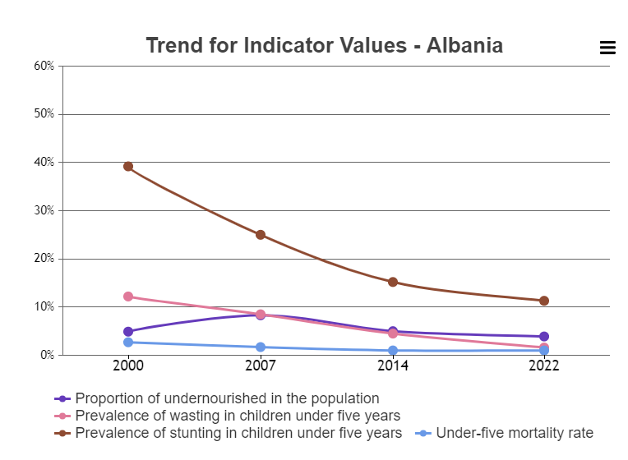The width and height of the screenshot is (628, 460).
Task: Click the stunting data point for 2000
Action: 128,167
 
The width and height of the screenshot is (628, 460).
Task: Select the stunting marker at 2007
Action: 261,235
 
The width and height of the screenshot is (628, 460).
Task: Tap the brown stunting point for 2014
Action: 393,282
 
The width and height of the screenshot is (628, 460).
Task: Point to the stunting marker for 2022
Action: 544,301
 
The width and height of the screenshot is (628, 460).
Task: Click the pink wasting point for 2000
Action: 128,297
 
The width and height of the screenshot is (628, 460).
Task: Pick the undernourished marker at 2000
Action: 128,332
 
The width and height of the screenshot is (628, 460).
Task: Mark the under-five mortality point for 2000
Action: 128,343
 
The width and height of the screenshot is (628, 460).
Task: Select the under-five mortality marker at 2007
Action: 261,347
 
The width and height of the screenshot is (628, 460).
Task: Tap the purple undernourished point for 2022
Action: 544,337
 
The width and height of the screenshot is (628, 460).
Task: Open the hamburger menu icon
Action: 607,48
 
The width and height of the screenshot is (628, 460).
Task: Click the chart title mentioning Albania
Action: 324,45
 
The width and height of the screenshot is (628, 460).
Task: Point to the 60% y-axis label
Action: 44,66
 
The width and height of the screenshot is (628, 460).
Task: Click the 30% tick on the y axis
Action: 44,210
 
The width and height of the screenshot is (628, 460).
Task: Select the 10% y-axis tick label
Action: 44,307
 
